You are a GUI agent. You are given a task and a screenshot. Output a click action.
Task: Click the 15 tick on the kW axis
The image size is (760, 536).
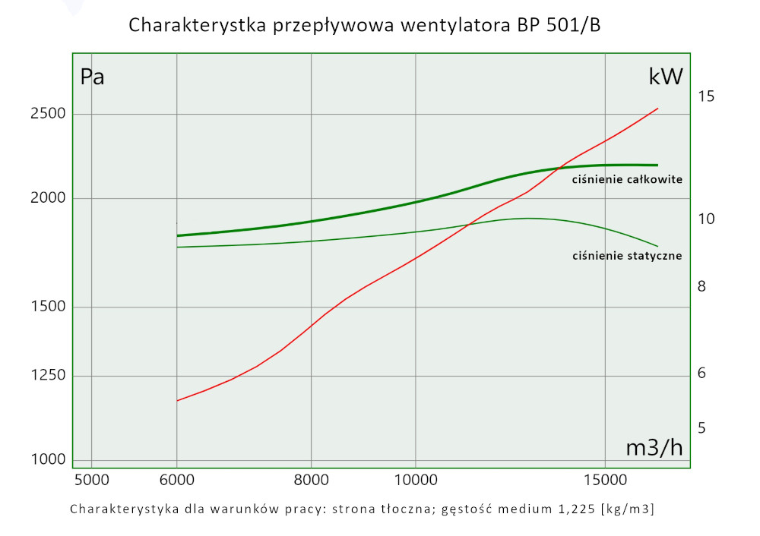coord(706,96)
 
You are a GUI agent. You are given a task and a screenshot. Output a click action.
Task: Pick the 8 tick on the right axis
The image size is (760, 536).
coord(703,286)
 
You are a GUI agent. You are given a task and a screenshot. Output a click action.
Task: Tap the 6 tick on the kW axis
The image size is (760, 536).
coord(703,374)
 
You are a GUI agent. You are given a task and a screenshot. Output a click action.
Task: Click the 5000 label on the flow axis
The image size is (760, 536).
coord(91,480)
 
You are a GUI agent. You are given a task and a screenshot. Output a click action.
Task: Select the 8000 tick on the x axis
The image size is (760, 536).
coord(312,480)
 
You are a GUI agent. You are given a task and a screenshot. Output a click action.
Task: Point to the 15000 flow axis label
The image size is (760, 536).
coord(604,480)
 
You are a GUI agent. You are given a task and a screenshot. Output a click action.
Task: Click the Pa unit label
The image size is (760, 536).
coord(92,77)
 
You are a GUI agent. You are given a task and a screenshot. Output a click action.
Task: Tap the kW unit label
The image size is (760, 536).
coord(666,77)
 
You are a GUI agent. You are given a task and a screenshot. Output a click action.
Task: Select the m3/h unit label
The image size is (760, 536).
coord(654,448)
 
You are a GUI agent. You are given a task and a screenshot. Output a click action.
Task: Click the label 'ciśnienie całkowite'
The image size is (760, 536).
coord(627,180)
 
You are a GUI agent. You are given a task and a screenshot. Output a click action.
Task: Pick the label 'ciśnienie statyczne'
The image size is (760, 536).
coord(627,256)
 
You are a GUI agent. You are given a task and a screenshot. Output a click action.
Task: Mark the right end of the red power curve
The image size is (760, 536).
coord(657,109)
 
